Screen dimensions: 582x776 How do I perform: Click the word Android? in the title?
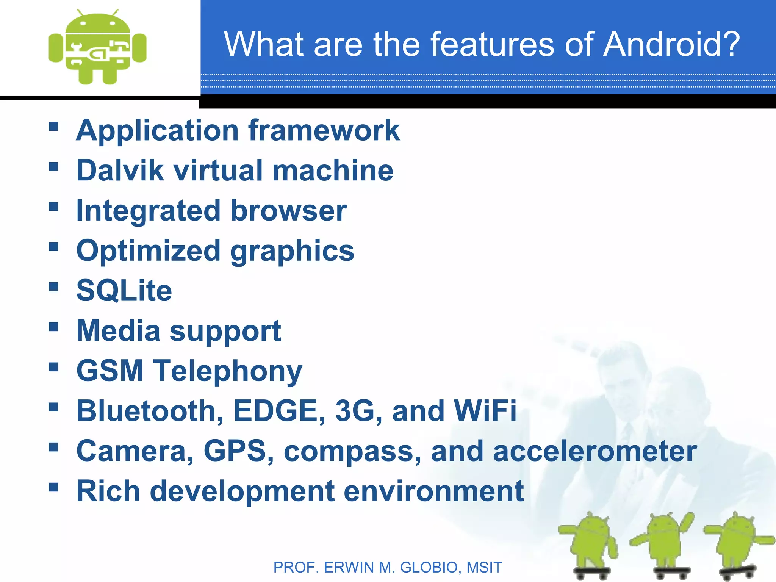coord(671,44)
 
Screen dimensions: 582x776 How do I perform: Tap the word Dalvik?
coord(120,170)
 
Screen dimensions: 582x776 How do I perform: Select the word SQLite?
coord(124,291)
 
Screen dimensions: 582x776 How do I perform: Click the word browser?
coord(288,211)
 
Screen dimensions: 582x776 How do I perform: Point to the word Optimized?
coord(148,251)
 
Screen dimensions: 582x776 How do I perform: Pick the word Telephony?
coord(227,371)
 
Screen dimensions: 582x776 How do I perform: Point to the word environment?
coord(433,491)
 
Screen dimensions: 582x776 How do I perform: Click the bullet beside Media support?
coord(53,327)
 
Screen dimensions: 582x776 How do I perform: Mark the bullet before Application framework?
coord(53,126)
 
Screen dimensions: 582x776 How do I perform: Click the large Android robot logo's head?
coord(98,25)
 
